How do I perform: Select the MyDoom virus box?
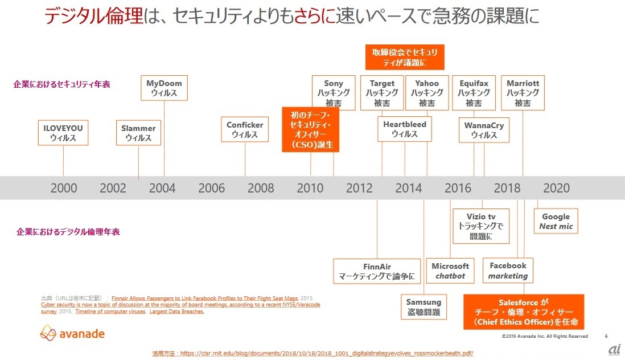click(x=164, y=88)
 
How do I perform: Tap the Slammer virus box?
click(x=138, y=133)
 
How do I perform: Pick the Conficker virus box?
click(x=245, y=129)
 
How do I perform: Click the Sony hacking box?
click(x=334, y=93)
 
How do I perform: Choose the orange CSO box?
click(x=311, y=130)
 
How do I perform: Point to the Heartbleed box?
click(x=405, y=129)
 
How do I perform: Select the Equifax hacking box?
click(x=474, y=93)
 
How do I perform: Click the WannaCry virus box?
click(x=484, y=129)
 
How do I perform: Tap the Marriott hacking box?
click(x=523, y=93)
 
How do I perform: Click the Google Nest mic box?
click(x=556, y=221)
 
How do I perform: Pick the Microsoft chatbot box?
click(x=450, y=271)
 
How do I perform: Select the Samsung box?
click(x=423, y=307)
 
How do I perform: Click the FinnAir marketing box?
click(x=377, y=271)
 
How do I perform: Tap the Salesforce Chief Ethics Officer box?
click(x=523, y=312)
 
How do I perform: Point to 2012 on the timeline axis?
click(x=359, y=188)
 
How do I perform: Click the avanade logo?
click(x=72, y=333)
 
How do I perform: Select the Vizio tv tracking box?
click(x=481, y=226)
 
